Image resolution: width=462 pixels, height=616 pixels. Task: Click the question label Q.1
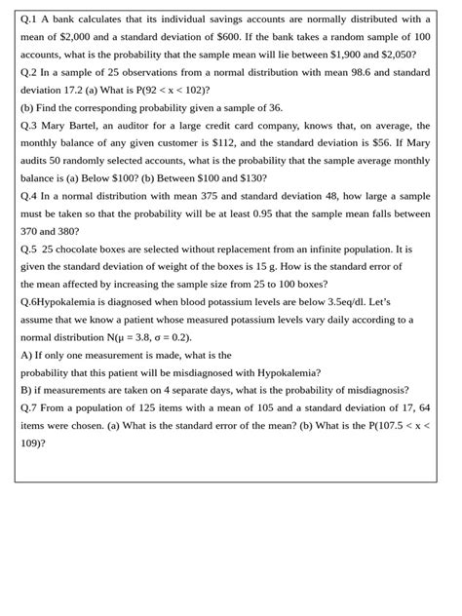pos(29,19)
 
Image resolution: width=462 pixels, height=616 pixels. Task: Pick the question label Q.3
pos(29,126)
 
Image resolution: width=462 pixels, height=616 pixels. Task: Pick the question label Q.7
pos(29,407)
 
